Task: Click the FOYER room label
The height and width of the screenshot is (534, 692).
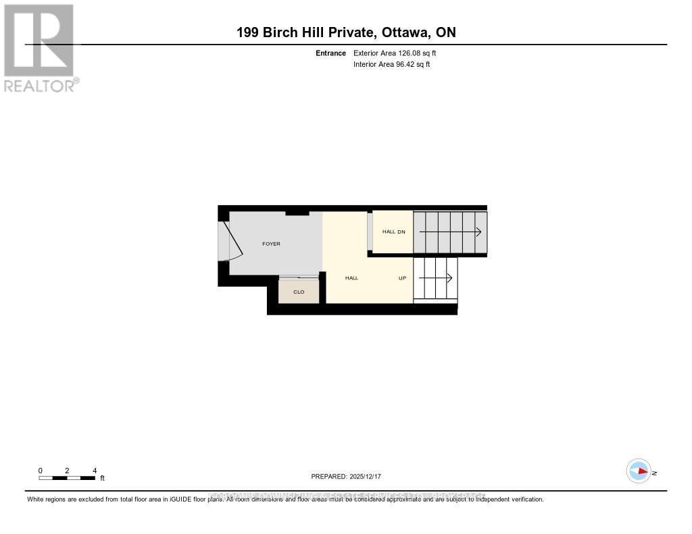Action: tap(271, 244)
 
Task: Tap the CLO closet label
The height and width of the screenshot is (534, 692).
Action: tap(298, 292)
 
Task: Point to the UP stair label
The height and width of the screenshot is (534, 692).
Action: tap(402, 277)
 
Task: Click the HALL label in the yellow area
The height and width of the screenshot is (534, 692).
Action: tap(351, 277)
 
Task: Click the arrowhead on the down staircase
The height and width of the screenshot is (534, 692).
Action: tap(478, 232)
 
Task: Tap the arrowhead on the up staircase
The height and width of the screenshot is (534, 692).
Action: tap(449, 277)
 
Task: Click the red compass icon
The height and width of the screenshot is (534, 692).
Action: tap(639, 471)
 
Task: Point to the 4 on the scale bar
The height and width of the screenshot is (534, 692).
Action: tap(95, 471)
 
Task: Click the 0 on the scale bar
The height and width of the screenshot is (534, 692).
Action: tap(41, 471)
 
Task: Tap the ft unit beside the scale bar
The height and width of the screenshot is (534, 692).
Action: tap(103, 478)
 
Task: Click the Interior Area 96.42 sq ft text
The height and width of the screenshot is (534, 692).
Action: tap(391, 65)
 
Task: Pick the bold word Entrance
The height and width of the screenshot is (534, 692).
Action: tap(330, 53)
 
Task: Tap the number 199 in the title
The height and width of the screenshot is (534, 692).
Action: tap(248, 32)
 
